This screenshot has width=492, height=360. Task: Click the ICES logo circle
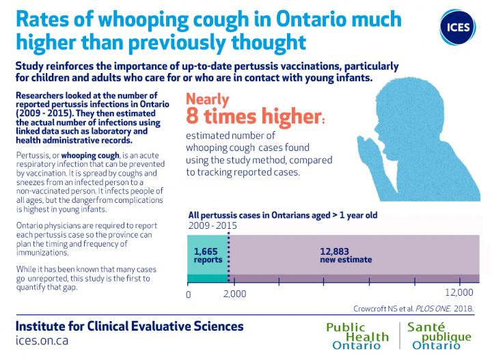tap(458, 27)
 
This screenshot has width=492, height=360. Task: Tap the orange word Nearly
tap(208, 100)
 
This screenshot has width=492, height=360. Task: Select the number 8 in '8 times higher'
tap(192, 115)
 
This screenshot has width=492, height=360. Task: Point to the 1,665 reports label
tap(208, 255)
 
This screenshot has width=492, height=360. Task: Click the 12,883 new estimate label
tap(346, 255)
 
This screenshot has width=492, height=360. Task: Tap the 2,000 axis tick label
tap(234, 294)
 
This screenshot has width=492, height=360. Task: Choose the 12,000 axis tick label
tap(459, 292)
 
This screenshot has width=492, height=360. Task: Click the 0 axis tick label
tap(189, 294)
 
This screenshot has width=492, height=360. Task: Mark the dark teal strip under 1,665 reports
tap(208, 279)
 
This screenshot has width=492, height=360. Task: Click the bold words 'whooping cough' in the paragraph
tap(90, 156)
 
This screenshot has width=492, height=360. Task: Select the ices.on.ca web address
tap(42, 341)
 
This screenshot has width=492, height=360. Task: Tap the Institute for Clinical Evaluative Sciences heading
tap(130, 326)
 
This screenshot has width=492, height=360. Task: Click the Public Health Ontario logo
tap(357, 336)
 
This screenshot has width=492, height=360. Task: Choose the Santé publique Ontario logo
tap(439, 336)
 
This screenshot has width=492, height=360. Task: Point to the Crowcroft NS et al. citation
tap(413, 309)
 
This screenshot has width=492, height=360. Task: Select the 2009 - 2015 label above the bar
tap(213, 226)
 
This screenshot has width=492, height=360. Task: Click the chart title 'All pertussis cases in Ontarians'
tap(283, 215)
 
